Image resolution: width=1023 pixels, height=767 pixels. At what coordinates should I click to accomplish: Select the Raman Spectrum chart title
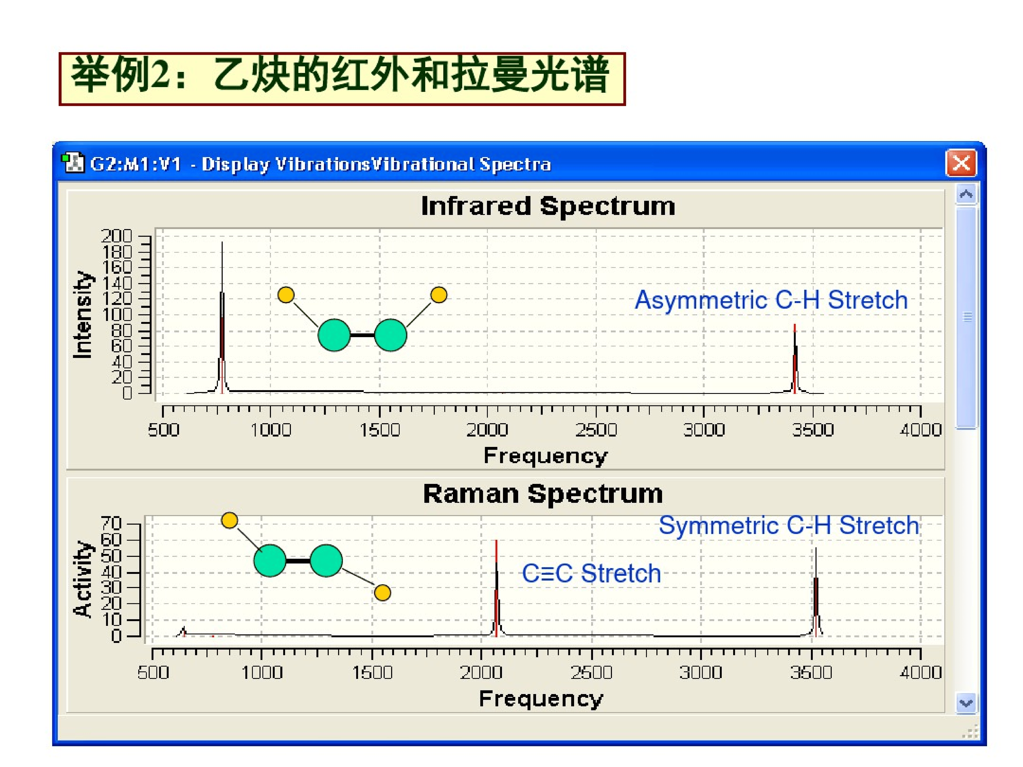[x=543, y=494]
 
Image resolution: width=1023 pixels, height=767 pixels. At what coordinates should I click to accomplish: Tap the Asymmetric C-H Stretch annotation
[x=771, y=300]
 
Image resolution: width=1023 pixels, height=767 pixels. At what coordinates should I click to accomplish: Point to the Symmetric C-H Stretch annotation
[x=789, y=526]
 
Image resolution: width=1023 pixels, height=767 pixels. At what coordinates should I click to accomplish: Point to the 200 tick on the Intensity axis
[x=117, y=236]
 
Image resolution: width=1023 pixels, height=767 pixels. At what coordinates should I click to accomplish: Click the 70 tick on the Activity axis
[x=111, y=523]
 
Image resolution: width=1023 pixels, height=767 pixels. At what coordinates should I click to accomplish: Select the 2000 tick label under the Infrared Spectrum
[x=487, y=430]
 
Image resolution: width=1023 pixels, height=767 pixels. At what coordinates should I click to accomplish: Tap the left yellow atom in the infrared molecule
[x=286, y=295]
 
